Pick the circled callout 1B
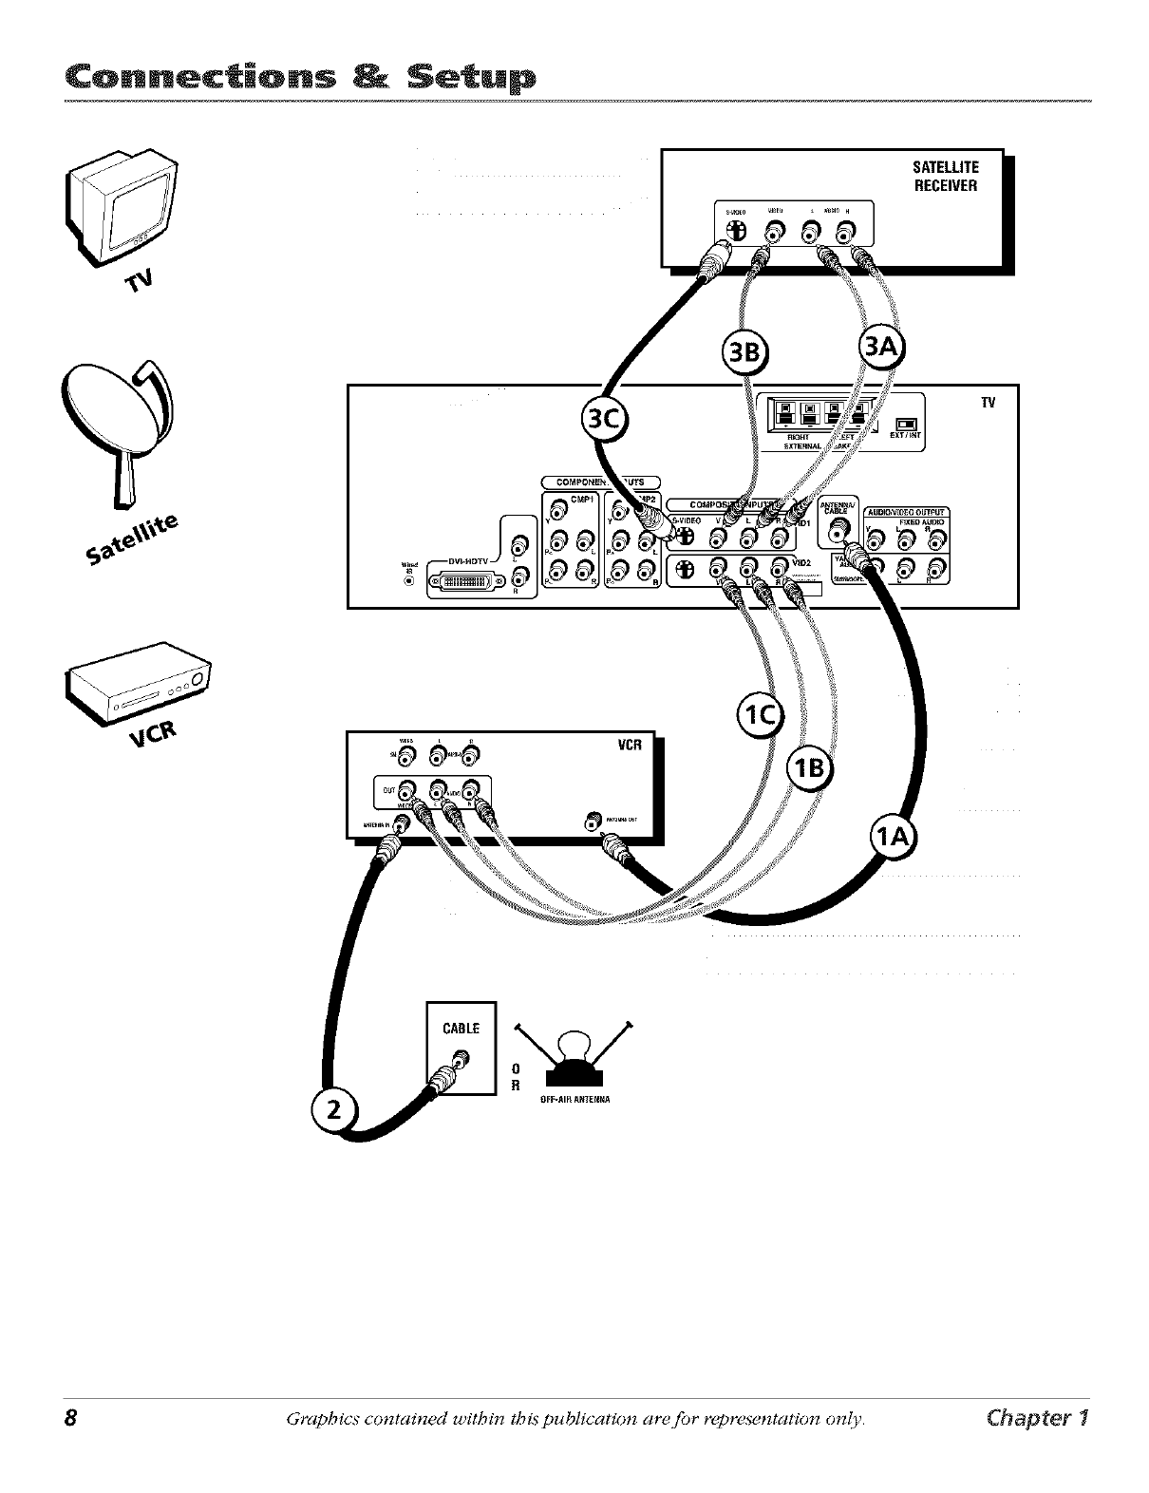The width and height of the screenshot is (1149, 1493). tap(809, 768)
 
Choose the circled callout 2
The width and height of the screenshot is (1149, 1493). tap(332, 1108)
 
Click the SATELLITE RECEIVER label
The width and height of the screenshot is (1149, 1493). tap(944, 176)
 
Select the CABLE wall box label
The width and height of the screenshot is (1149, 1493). tap(461, 1029)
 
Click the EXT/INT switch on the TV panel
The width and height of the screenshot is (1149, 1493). tap(906, 425)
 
